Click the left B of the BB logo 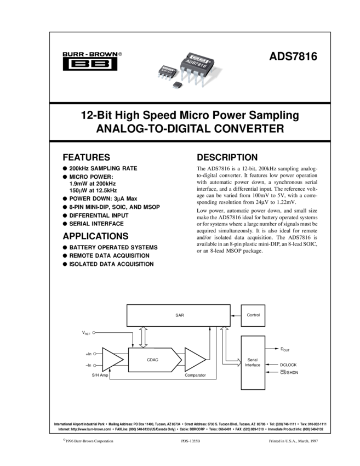coord(78,64)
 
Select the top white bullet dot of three coord(94,332)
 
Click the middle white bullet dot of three coord(95,354)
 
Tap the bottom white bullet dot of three coord(95,365)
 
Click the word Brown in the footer coord(88,441)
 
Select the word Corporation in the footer coord(104,441)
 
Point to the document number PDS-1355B coord(191,441)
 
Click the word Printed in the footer coord(276,441)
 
